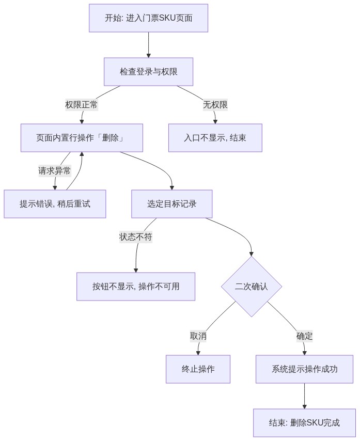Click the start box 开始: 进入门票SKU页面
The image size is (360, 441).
pyautogui.click(x=149, y=18)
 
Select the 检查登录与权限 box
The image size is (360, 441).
pyautogui.click(x=149, y=72)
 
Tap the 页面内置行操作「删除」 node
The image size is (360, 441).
pyautogui.click(x=82, y=138)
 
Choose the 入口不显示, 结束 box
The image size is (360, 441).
pyautogui.click(x=215, y=138)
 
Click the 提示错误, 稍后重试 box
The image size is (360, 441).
pyautogui.click(x=55, y=204)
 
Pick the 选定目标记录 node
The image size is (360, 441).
pyautogui.click(x=172, y=204)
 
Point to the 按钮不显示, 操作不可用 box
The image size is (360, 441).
pyautogui.click(x=136, y=287)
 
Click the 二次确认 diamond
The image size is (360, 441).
pyautogui.click(x=252, y=287)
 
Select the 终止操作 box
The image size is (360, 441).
pyautogui.click(x=198, y=369)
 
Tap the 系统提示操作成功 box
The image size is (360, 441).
pyautogui.click(x=304, y=369)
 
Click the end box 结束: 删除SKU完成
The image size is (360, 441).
pyautogui.click(x=304, y=423)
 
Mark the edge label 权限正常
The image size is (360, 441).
pyautogui.click(x=82, y=105)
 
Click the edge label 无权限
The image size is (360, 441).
pyautogui.click(x=215, y=105)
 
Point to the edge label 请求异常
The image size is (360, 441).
pyautogui.click(x=55, y=171)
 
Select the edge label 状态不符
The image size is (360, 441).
pyautogui.click(x=136, y=237)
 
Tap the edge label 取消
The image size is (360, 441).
pyautogui.click(x=198, y=336)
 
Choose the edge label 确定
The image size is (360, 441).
pyautogui.click(x=304, y=336)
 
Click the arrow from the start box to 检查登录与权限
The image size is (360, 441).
pyautogui.click(x=149, y=45)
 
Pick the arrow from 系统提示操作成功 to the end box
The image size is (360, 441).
pyautogui.click(x=304, y=396)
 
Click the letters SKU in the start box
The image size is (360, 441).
pyautogui.click(x=167, y=18)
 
